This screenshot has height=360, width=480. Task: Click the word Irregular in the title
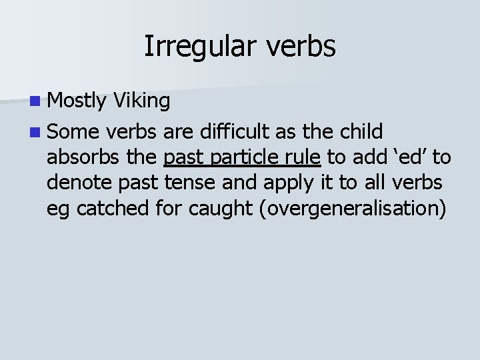193,47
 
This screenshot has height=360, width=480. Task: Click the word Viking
141,101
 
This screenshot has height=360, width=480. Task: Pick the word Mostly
77,101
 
